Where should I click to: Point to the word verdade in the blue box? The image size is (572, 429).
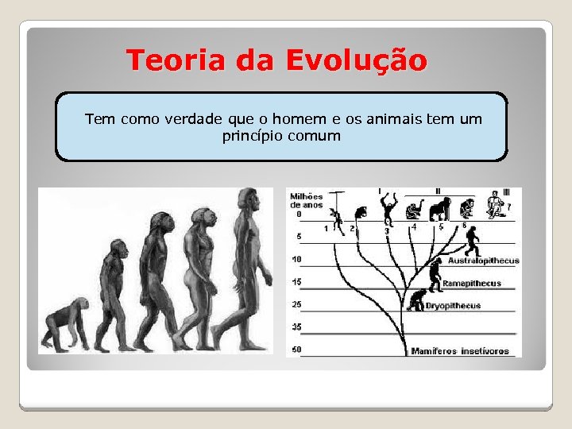click(194, 119)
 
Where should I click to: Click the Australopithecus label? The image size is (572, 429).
click(483, 261)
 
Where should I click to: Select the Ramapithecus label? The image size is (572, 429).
click(472, 283)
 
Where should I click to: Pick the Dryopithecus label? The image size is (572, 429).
click(453, 306)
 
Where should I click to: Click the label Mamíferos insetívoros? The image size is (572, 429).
click(460, 350)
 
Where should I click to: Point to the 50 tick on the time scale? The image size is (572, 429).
click(296, 350)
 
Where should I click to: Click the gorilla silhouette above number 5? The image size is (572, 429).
click(439, 209)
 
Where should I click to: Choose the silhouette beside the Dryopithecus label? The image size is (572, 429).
click(415, 300)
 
